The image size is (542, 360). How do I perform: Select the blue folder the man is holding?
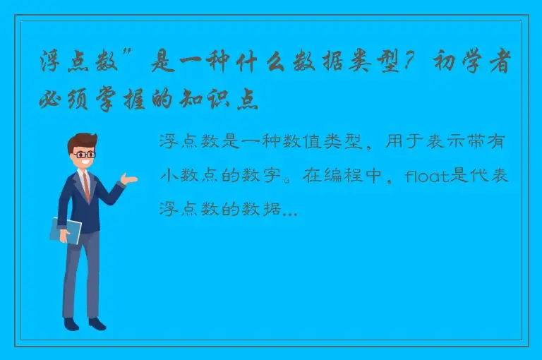point(66,230)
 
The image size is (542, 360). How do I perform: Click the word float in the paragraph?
point(428,176)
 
